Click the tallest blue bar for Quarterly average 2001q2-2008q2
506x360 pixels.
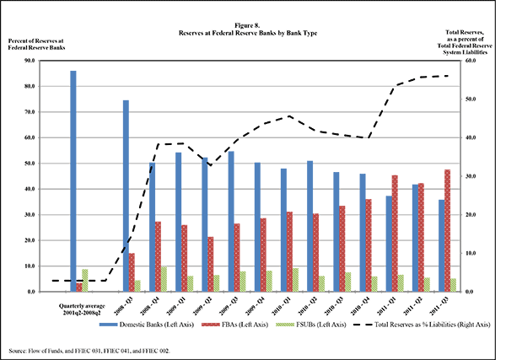pos(73,181)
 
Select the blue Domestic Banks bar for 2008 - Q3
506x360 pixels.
pos(126,196)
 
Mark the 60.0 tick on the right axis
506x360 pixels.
pos(473,61)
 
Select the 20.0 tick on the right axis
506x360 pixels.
pos(473,215)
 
